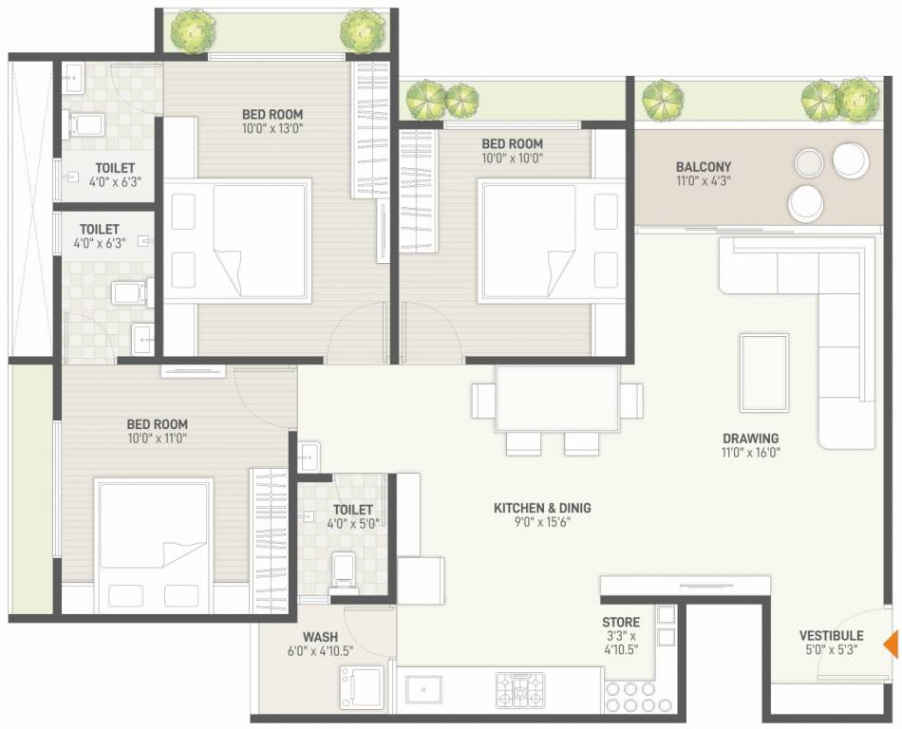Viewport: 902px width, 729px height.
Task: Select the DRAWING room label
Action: (750, 439)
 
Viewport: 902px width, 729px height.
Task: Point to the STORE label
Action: (620, 623)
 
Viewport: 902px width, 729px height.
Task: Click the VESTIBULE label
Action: (831, 636)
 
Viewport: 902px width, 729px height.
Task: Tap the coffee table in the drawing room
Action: (764, 371)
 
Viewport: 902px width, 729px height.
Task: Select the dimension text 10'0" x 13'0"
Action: (272, 128)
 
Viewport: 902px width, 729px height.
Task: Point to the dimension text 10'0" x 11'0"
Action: (157, 439)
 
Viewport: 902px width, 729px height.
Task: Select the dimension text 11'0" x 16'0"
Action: (750, 453)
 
